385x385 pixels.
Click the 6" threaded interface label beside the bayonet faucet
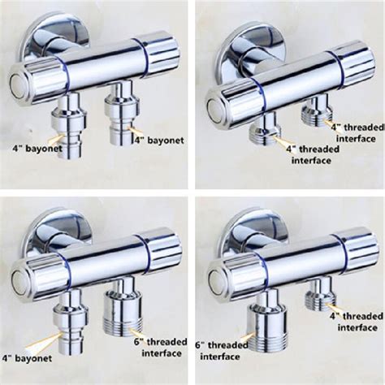click(161, 348)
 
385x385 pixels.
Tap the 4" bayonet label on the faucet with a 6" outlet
click(27, 358)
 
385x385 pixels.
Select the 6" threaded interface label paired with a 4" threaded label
click(222, 351)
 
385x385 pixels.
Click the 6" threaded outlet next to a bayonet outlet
click(123, 307)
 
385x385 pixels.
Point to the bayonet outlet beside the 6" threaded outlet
click(71, 320)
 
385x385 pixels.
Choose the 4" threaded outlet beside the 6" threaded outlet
click(321, 294)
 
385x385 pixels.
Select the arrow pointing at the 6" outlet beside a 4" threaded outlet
click(248, 337)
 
